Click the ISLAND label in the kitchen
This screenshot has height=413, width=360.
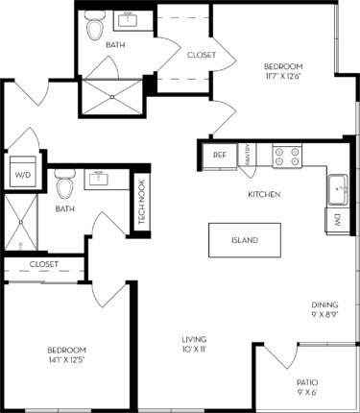coord(244,240)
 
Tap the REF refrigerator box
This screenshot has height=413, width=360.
coord(219,155)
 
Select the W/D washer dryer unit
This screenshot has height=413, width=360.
coord(20,174)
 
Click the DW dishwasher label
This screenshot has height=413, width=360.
coord(338,219)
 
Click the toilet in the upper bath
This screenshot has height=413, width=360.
coord(94,30)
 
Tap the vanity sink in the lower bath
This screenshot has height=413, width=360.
coord(100,177)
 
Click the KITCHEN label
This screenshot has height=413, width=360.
coord(263,195)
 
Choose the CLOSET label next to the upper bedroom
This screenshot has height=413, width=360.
coord(201,55)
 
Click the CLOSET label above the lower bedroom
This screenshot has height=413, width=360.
coord(43,264)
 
